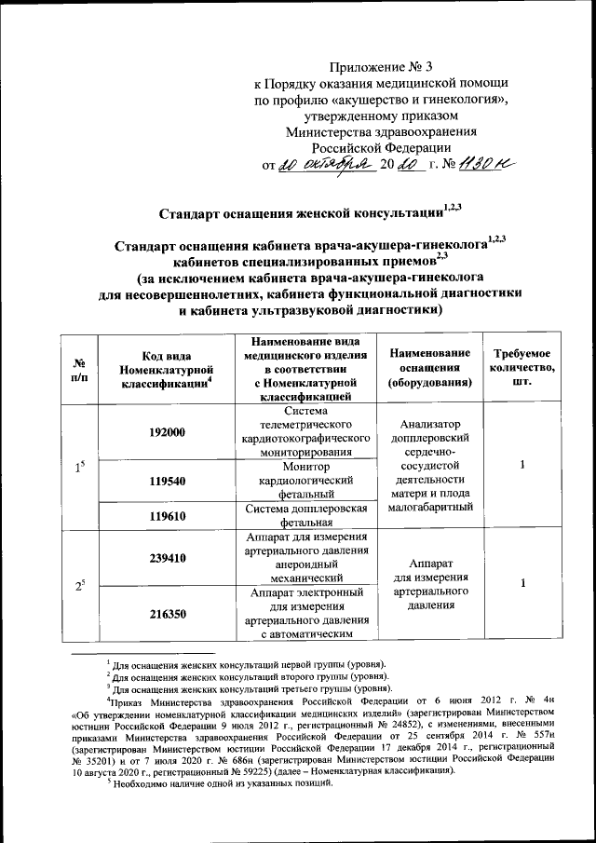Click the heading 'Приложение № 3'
point(383,66)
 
